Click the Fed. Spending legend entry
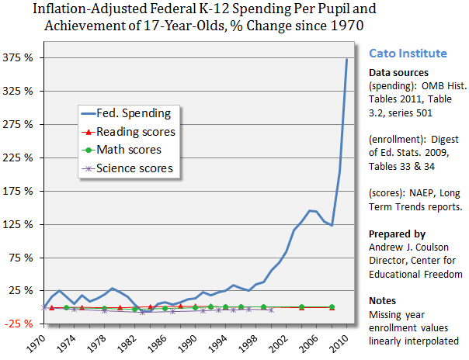(x=139, y=114)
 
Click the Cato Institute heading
(x=408, y=54)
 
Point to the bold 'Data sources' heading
(x=394, y=72)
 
